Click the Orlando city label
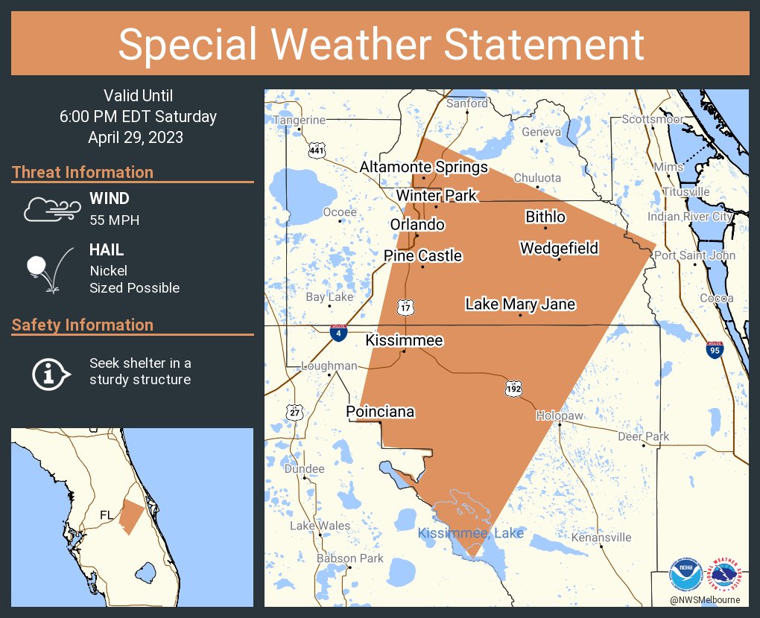pos(417,225)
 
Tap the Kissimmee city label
pos(404,340)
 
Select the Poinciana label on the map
pos(380,412)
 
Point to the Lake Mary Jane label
pos(520,305)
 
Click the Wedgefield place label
pos(559,248)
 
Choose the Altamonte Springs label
pos(423,168)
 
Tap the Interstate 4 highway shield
pos(339,332)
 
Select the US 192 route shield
pos(513,389)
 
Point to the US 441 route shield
pos(317,150)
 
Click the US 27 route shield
pos(295,412)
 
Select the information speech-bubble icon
pos(50,372)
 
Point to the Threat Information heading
pos(83,173)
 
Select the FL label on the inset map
pos(107,515)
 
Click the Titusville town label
pos(685,192)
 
